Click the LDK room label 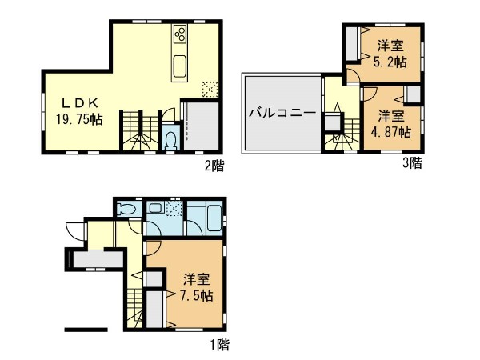(x=80, y=103)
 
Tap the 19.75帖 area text (x=79, y=119)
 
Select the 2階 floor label (x=214, y=166)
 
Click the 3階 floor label (x=412, y=162)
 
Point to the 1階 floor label (x=219, y=345)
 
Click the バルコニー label (x=282, y=114)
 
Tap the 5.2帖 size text (x=390, y=62)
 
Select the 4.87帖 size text (x=391, y=132)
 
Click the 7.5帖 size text (x=196, y=296)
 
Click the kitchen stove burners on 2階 (x=179, y=34)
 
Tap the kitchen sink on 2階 (x=179, y=66)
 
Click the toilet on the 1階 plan (x=126, y=210)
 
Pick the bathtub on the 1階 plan (x=214, y=218)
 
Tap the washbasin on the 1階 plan (x=155, y=209)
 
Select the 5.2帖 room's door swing (x=354, y=77)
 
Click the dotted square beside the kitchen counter (x=210, y=90)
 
